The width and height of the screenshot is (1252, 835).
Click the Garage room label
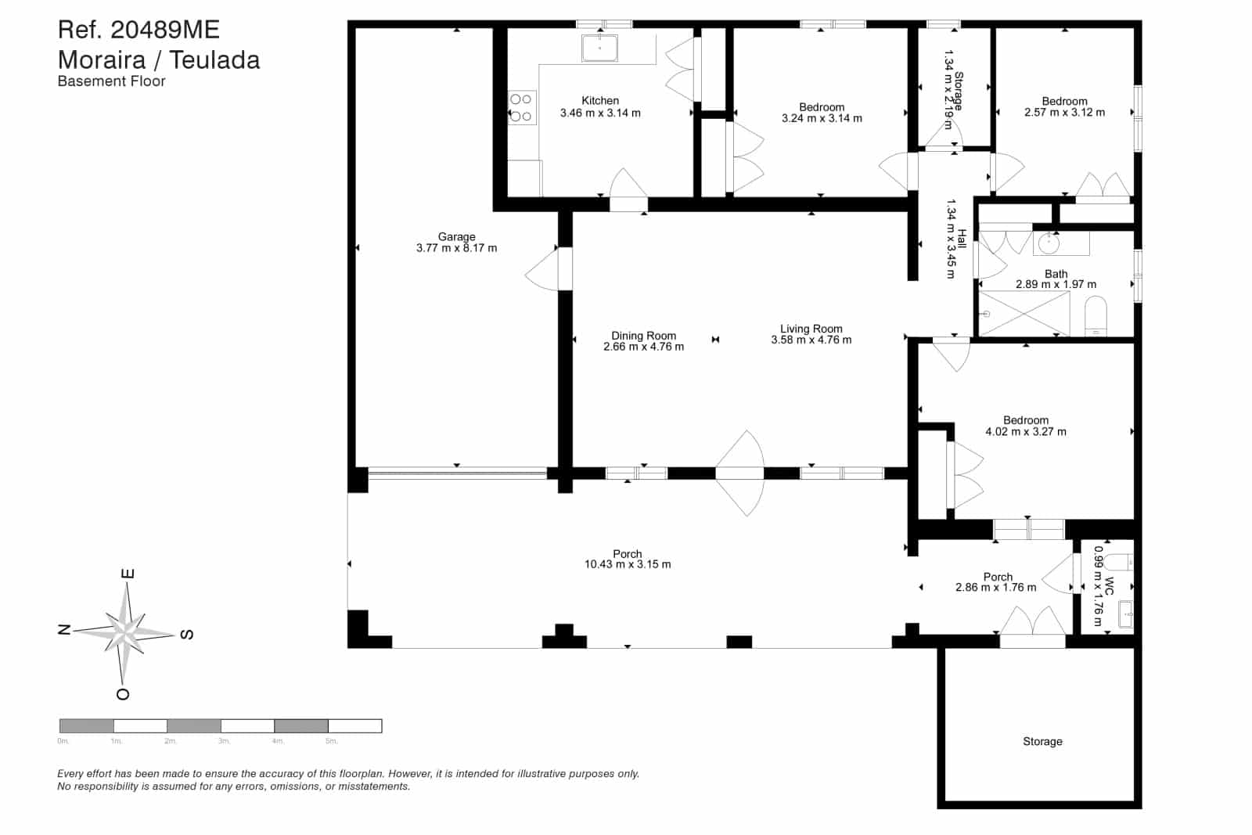[x=456, y=236]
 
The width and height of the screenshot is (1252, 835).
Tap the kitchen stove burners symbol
[x=520, y=108]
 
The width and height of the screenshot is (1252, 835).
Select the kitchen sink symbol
[x=599, y=48]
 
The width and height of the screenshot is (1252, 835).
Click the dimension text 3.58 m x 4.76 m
[x=811, y=340]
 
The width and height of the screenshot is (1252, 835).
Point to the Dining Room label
[x=643, y=336]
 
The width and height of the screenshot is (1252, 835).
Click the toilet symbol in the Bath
[x=1095, y=316]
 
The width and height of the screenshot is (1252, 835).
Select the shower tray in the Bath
[x=1024, y=313]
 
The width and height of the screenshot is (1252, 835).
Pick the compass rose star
[x=125, y=630]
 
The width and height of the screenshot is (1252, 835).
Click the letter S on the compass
[x=186, y=634]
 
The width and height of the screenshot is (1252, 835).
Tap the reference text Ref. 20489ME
[x=139, y=30]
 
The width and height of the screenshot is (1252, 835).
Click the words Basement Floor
[x=111, y=81]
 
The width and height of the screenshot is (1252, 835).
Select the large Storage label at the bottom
[x=1042, y=741]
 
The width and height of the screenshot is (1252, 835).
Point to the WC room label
[x=1109, y=586]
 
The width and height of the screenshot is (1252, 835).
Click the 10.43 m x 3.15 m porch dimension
[x=627, y=564]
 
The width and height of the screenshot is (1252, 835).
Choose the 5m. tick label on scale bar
[x=331, y=740]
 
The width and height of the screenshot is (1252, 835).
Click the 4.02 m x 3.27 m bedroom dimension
[x=1025, y=431]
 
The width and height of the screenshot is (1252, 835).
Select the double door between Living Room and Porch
[x=740, y=473]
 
